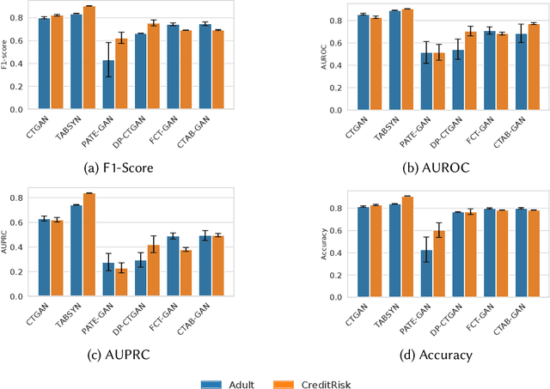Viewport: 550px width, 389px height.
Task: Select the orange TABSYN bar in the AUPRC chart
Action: [89, 245]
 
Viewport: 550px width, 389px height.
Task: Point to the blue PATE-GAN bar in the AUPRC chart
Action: [108, 279]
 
